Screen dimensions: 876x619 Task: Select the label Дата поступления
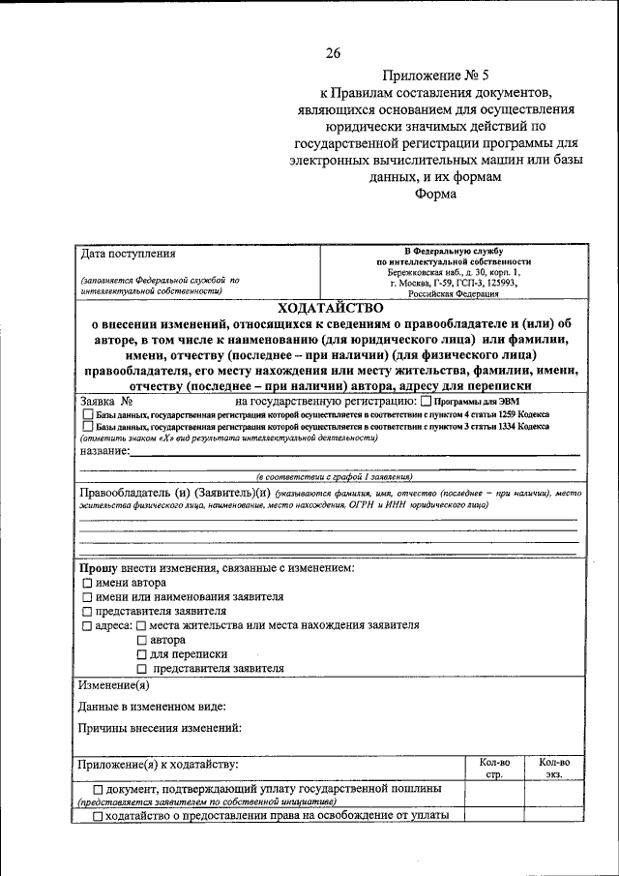click(x=128, y=255)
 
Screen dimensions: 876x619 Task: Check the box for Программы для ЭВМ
click(x=427, y=402)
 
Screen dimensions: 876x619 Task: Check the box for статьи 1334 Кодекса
click(x=88, y=426)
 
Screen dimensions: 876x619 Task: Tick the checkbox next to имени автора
click(x=87, y=584)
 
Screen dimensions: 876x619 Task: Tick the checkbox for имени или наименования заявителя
click(x=87, y=598)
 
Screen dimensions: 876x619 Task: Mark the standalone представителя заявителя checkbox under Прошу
click(x=87, y=612)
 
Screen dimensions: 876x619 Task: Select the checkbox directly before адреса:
click(x=87, y=626)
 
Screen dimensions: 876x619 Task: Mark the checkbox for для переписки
click(x=142, y=655)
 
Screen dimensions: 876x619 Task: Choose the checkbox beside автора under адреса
click(x=142, y=641)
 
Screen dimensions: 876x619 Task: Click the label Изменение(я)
click(x=113, y=684)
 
